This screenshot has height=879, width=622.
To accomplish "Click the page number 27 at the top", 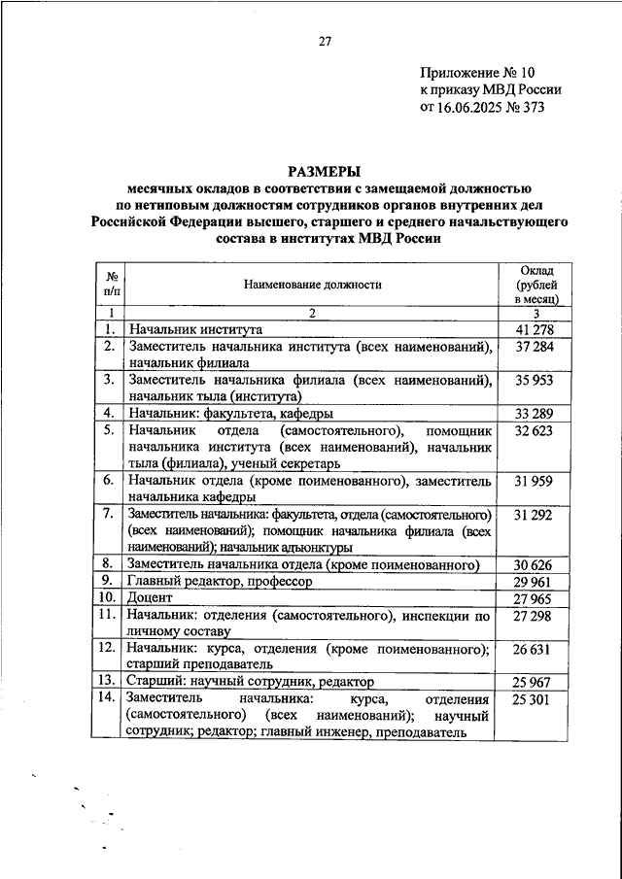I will pyautogui.click(x=325, y=41).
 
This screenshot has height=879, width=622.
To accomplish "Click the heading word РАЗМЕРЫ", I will pyautogui.click(x=325, y=168).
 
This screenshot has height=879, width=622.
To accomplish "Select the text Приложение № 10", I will pyautogui.click(x=477, y=72).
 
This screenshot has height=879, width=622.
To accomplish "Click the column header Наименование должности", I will pyautogui.click(x=313, y=285).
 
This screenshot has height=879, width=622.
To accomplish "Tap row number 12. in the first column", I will pyautogui.click(x=111, y=648).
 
